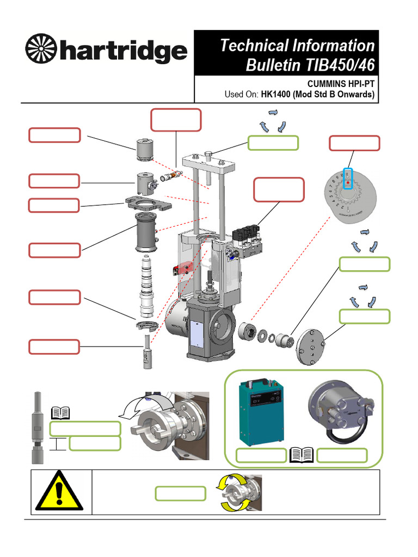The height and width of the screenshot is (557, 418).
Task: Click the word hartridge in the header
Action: tap(122, 53)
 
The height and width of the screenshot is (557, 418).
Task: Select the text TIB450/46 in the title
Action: tap(337, 65)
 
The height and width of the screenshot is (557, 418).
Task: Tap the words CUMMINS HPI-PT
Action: tap(341, 85)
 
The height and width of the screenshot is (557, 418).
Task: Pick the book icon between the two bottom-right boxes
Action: tap(302, 455)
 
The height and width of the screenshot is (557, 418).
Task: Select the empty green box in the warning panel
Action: tap(180, 493)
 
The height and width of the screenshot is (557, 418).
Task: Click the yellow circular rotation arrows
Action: tap(232, 493)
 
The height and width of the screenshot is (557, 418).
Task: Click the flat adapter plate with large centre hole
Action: tap(145, 203)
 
